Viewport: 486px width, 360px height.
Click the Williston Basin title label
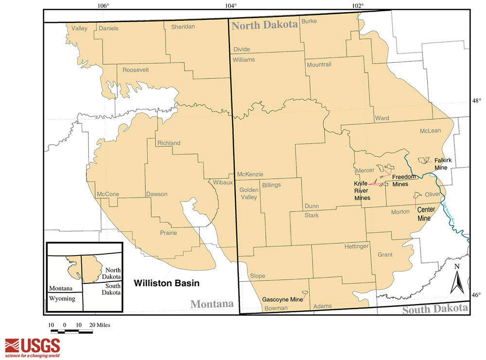point(167,282)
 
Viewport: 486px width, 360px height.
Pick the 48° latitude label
point(477,101)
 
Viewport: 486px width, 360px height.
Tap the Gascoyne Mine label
point(282,299)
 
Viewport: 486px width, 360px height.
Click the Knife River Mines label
point(362,191)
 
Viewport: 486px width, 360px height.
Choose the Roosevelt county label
point(136,70)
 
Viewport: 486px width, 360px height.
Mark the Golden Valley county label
point(248,193)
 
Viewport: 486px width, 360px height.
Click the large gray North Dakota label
point(264,27)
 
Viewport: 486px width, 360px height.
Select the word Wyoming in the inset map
point(62,299)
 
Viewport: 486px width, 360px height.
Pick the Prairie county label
point(169,233)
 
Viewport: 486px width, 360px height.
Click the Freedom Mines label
point(403,180)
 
